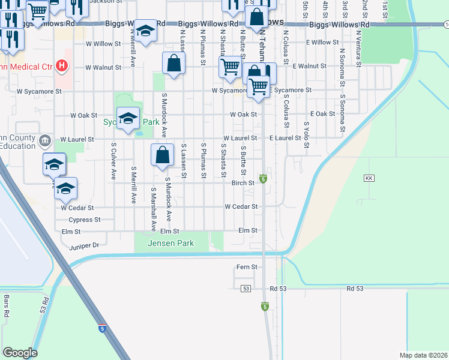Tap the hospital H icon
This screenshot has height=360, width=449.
pos(61,65)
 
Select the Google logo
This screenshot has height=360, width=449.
pos(20,353)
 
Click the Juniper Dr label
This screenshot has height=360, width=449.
pos(84,245)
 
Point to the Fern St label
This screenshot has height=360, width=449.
pos(247,267)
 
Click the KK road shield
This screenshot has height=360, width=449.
pos(369,179)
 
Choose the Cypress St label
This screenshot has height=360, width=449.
pos(85,220)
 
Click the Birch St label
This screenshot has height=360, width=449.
pos(243,184)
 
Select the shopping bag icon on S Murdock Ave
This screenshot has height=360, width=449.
pos(162,155)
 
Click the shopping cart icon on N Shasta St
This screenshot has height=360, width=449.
pos(230,67)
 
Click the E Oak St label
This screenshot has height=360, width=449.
pos(322,114)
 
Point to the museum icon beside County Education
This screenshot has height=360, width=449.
pos(44,142)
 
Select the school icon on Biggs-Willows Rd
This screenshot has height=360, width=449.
pos(145,29)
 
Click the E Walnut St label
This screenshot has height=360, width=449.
pos(309,65)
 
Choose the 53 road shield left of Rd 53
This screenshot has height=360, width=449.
pos(246,289)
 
